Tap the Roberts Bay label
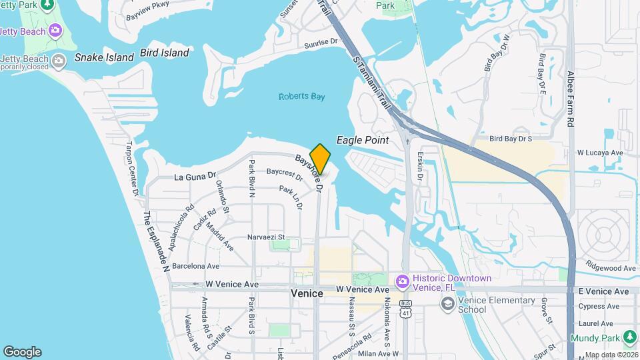click(301, 97)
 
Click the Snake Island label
click(104, 57)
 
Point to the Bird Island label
click(165, 53)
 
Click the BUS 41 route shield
click(405, 308)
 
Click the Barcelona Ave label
click(196, 266)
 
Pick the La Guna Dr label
click(195, 177)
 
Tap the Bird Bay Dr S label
click(511, 139)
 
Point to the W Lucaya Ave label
click(600, 153)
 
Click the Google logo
click(22, 352)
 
